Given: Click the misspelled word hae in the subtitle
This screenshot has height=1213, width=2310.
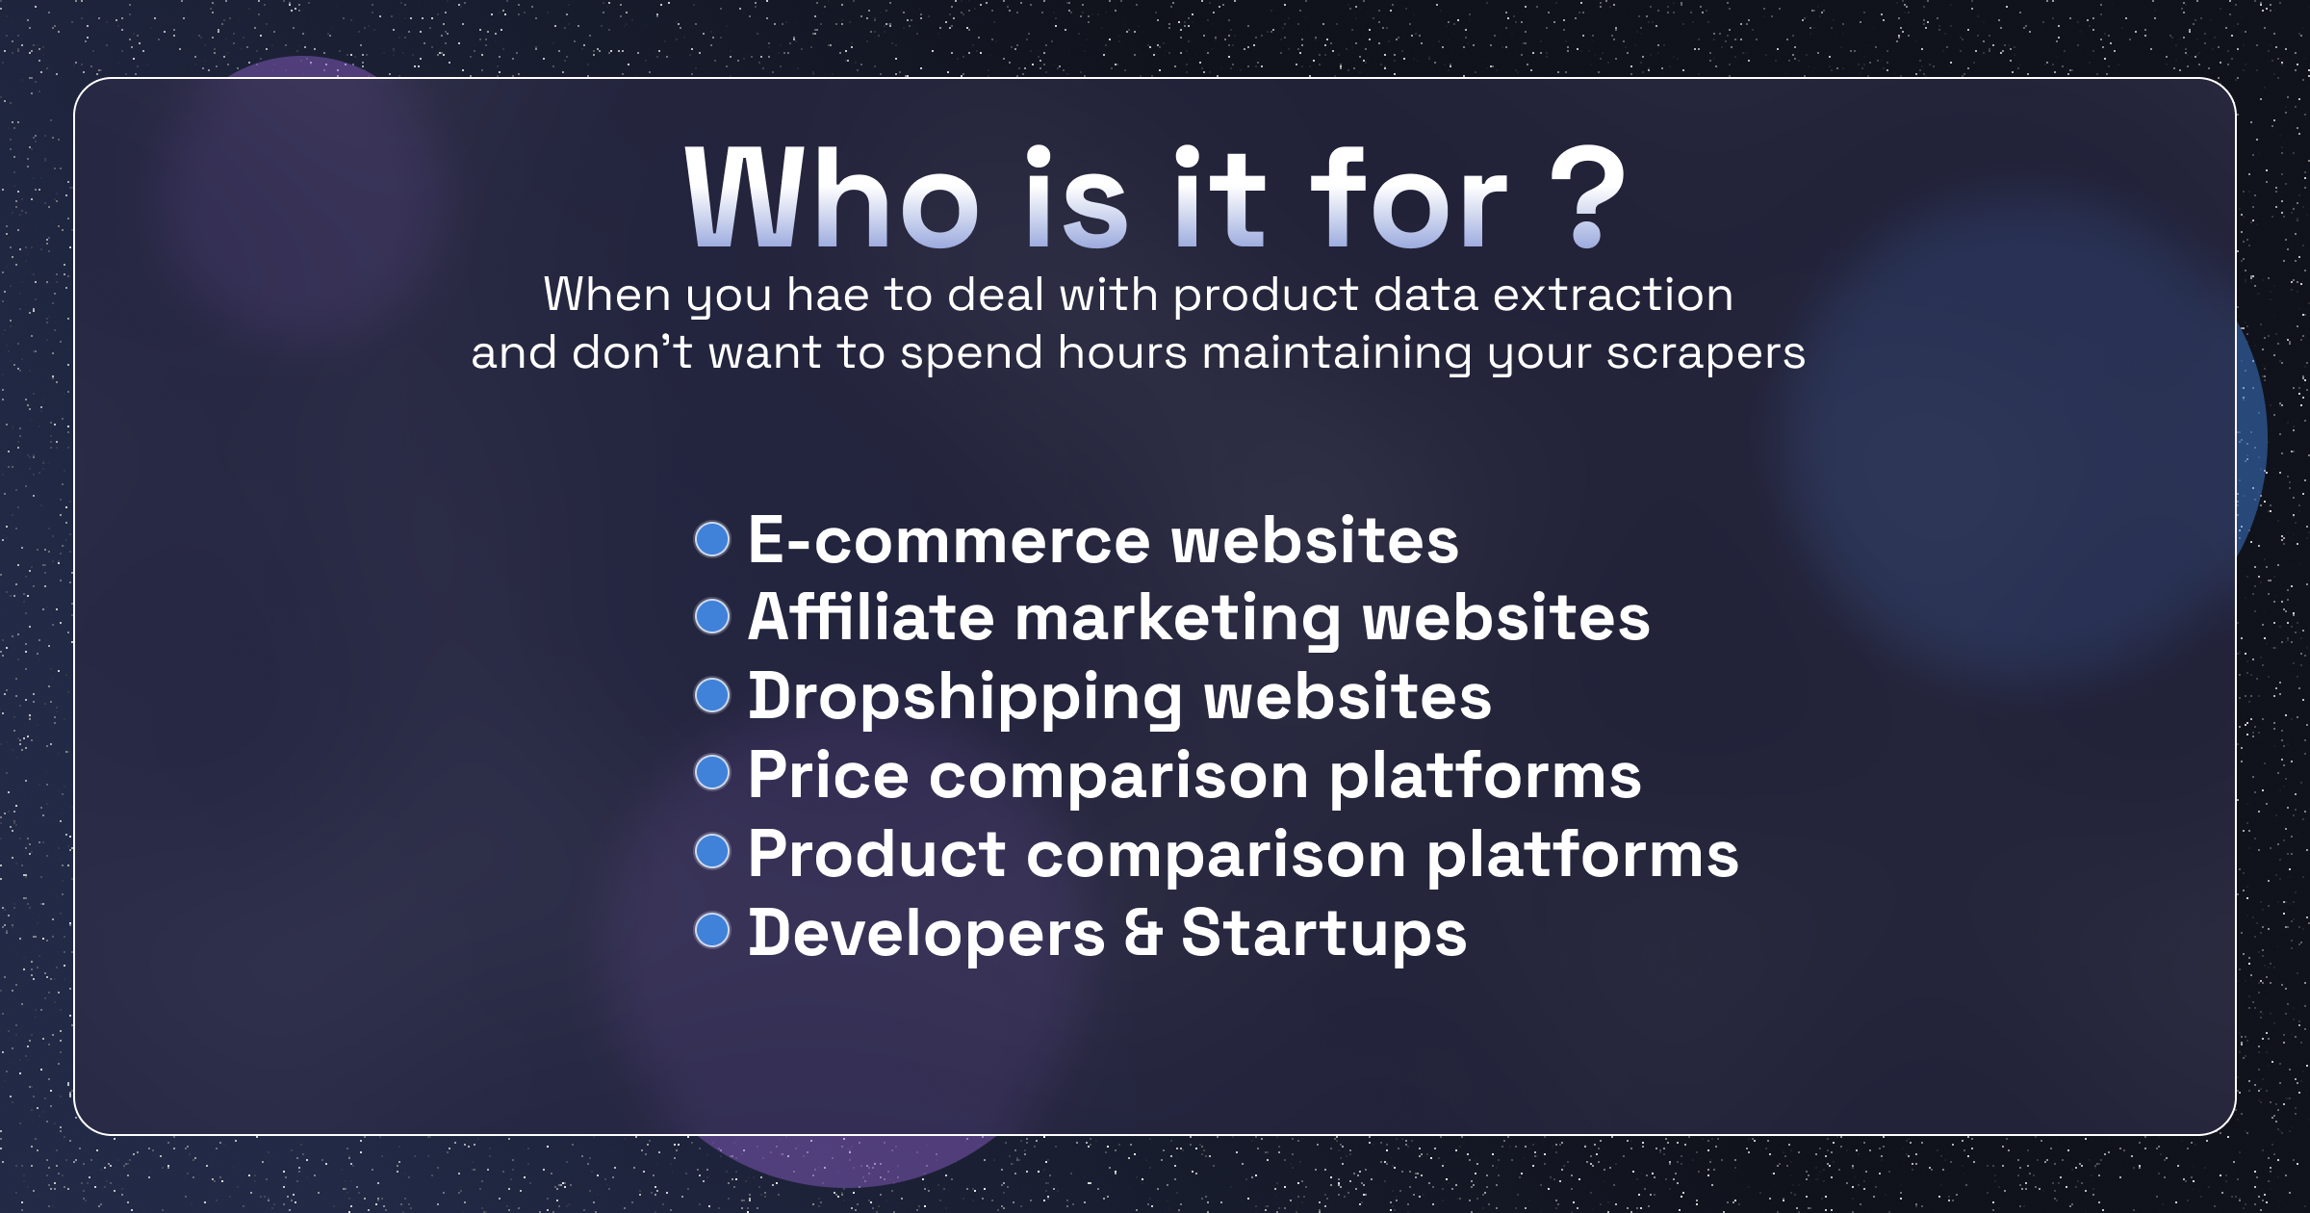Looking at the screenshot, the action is pyautogui.click(x=829, y=295).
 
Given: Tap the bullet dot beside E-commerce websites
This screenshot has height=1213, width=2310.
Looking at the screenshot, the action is pyautogui.click(x=712, y=539).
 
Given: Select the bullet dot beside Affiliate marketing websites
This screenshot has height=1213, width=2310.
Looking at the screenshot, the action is pyautogui.click(x=712, y=617).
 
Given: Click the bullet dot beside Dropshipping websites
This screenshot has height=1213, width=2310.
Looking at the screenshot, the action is pyautogui.click(x=712, y=695).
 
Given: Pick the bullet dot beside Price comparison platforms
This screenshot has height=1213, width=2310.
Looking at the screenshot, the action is pyautogui.click(x=712, y=772).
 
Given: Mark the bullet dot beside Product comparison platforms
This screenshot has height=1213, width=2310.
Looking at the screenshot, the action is pyautogui.click(x=712, y=851).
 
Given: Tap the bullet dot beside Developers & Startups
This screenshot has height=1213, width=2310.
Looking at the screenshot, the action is pyautogui.click(x=712, y=930).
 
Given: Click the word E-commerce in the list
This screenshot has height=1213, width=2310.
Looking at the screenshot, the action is pyautogui.click(x=949, y=540).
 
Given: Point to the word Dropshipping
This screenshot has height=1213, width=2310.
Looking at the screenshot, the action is pyautogui.click(x=965, y=697).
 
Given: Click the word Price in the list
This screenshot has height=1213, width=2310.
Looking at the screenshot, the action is pyautogui.click(x=829, y=775).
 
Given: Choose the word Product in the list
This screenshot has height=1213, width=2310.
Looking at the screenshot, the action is pyautogui.click(x=878, y=854).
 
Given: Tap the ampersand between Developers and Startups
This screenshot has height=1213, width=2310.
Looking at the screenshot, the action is pyautogui.click(x=1143, y=933).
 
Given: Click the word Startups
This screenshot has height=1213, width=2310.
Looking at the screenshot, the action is pyautogui.click(x=1324, y=934).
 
